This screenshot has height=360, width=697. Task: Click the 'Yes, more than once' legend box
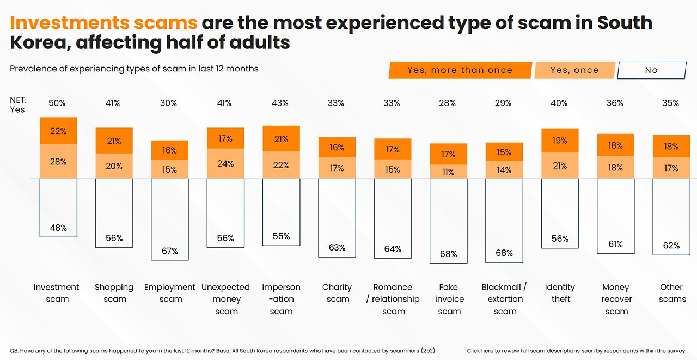[460, 70]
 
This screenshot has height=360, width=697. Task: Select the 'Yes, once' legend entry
[574, 70]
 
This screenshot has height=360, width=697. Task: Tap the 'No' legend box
[651, 70]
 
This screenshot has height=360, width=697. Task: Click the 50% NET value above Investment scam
[57, 103]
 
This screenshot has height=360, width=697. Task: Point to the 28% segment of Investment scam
[58, 161]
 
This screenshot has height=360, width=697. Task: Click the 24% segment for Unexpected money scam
[225, 163]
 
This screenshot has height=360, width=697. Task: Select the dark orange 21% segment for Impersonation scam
[281, 139]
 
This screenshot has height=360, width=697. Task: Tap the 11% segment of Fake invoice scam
[448, 172]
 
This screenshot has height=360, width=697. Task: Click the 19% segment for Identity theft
[560, 141]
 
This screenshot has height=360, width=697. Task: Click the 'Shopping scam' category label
[114, 293]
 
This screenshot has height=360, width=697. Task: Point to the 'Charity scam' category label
[337, 293]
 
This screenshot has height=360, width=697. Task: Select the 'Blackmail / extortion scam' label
[504, 299]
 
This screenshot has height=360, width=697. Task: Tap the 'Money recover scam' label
[616, 299]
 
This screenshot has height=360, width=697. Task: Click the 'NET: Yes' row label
[18, 105]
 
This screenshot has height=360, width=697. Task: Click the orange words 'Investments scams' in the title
[103, 23]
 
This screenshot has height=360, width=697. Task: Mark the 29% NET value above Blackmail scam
[504, 103]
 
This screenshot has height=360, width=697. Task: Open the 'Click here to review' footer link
[576, 350]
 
